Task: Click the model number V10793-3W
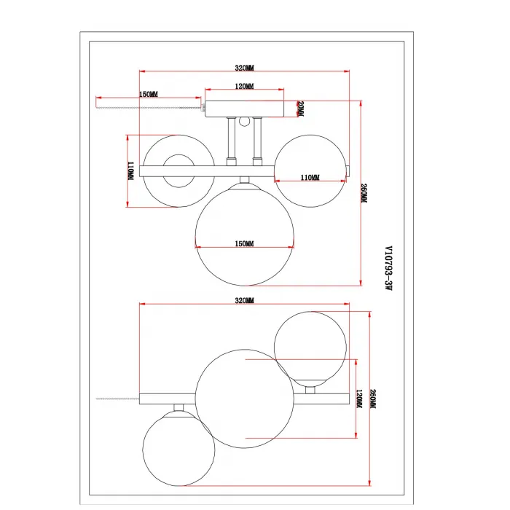tap(388, 268)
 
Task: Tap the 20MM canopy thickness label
tap(300, 109)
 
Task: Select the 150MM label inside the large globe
tap(244, 243)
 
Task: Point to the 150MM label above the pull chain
tap(149, 94)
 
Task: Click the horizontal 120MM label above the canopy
tap(244, 86)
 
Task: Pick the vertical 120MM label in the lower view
tap(359, 399)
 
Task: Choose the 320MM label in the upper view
tap(244, 68)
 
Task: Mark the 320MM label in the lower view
tap(244, 300)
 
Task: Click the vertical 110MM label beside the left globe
tap(130, 171)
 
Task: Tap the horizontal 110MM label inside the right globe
tap(310, 178)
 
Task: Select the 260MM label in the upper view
tap(364, 193)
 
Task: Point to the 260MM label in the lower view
tap(373, 399)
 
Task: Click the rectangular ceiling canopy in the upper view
tap(244, 109)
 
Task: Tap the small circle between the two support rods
tap(244, 122)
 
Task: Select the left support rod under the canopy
tap(232, 141)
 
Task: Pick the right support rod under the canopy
tap(257, 141)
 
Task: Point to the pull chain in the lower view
tap(118, 399)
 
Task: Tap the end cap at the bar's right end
tap(348, 170)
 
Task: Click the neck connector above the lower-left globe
tap(178, 408)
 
